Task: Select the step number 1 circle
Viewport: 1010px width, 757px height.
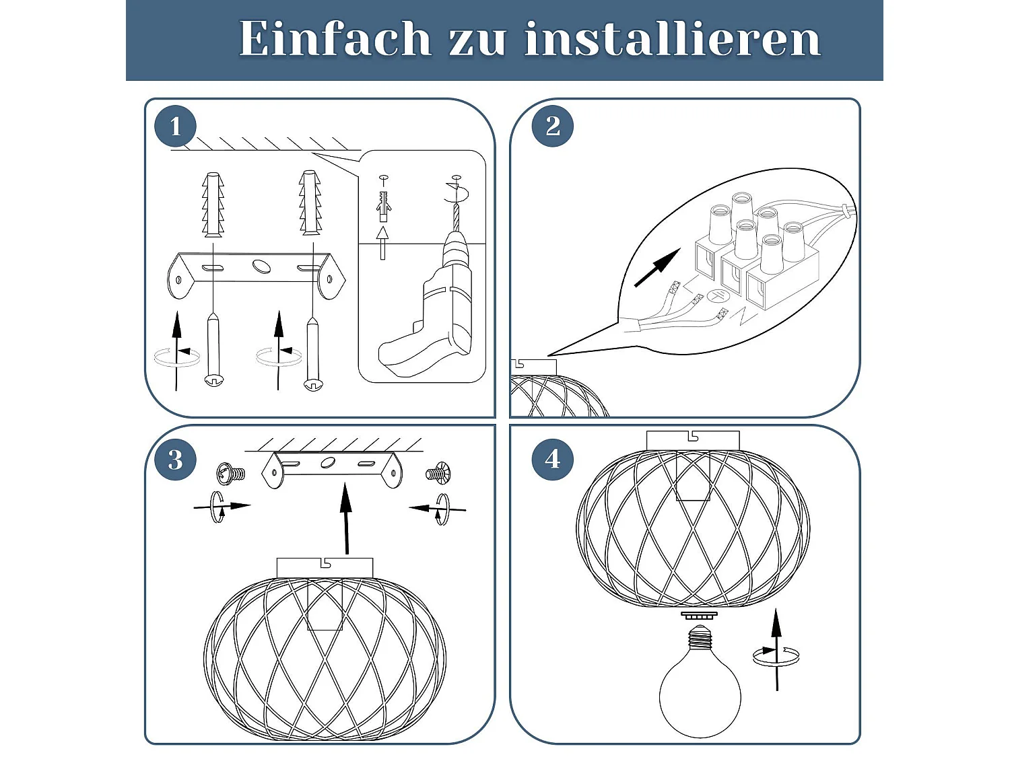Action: pos(175,126)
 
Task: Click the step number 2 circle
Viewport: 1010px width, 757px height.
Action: pos(552,126)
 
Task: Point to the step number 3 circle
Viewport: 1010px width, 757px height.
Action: pos(175,459)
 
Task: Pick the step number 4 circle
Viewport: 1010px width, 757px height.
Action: pos(552,459)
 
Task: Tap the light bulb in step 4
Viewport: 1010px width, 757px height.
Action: pos(700,680)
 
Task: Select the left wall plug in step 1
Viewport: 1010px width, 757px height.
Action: pos(213,205)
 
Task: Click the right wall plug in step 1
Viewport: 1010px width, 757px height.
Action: pos(310,203)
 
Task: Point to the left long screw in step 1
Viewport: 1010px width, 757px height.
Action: pos(213,349)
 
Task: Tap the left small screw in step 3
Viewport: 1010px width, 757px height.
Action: pos(230,474)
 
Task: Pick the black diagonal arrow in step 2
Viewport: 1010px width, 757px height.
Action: pos(657,268)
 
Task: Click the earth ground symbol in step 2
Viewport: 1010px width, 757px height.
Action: pos(716,295)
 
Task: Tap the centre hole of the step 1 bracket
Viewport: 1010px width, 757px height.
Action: pos(259,266)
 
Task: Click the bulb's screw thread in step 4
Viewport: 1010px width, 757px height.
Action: pos(700,636)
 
